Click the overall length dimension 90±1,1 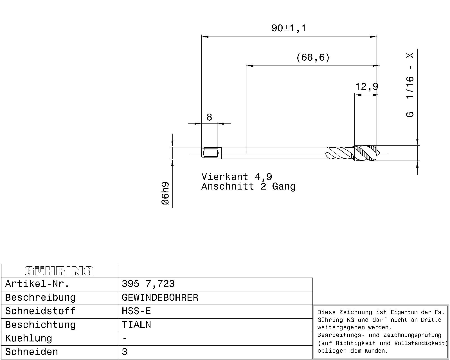click(x=289, y=28)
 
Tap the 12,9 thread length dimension click(x=367, y=86)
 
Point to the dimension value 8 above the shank click(x=209, y=117)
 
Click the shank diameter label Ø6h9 click(x=165, y=193)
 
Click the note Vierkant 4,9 click(x=237, y=177)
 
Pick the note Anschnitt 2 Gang click(x=248, y=186)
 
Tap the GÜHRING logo click(x=59, y=271)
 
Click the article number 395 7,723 click(x=148, y=284)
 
